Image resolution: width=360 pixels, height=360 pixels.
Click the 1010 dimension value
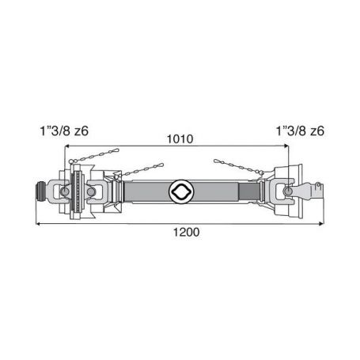point(180,139)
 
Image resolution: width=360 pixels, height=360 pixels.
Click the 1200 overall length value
point(186,233)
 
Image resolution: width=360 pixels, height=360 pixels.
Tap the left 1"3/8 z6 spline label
point(64,131)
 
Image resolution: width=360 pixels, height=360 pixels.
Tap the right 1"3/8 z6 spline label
point(300,131)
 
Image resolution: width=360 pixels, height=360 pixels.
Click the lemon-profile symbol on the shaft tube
point(181,191)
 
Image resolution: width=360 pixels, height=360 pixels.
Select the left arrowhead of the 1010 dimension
point(67,146)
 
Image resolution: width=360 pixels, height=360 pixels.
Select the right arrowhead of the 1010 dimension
point(286,146)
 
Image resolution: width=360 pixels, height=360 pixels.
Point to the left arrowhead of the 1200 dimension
point(38,224)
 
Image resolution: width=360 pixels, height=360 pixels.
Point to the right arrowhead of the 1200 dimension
point(321,224)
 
